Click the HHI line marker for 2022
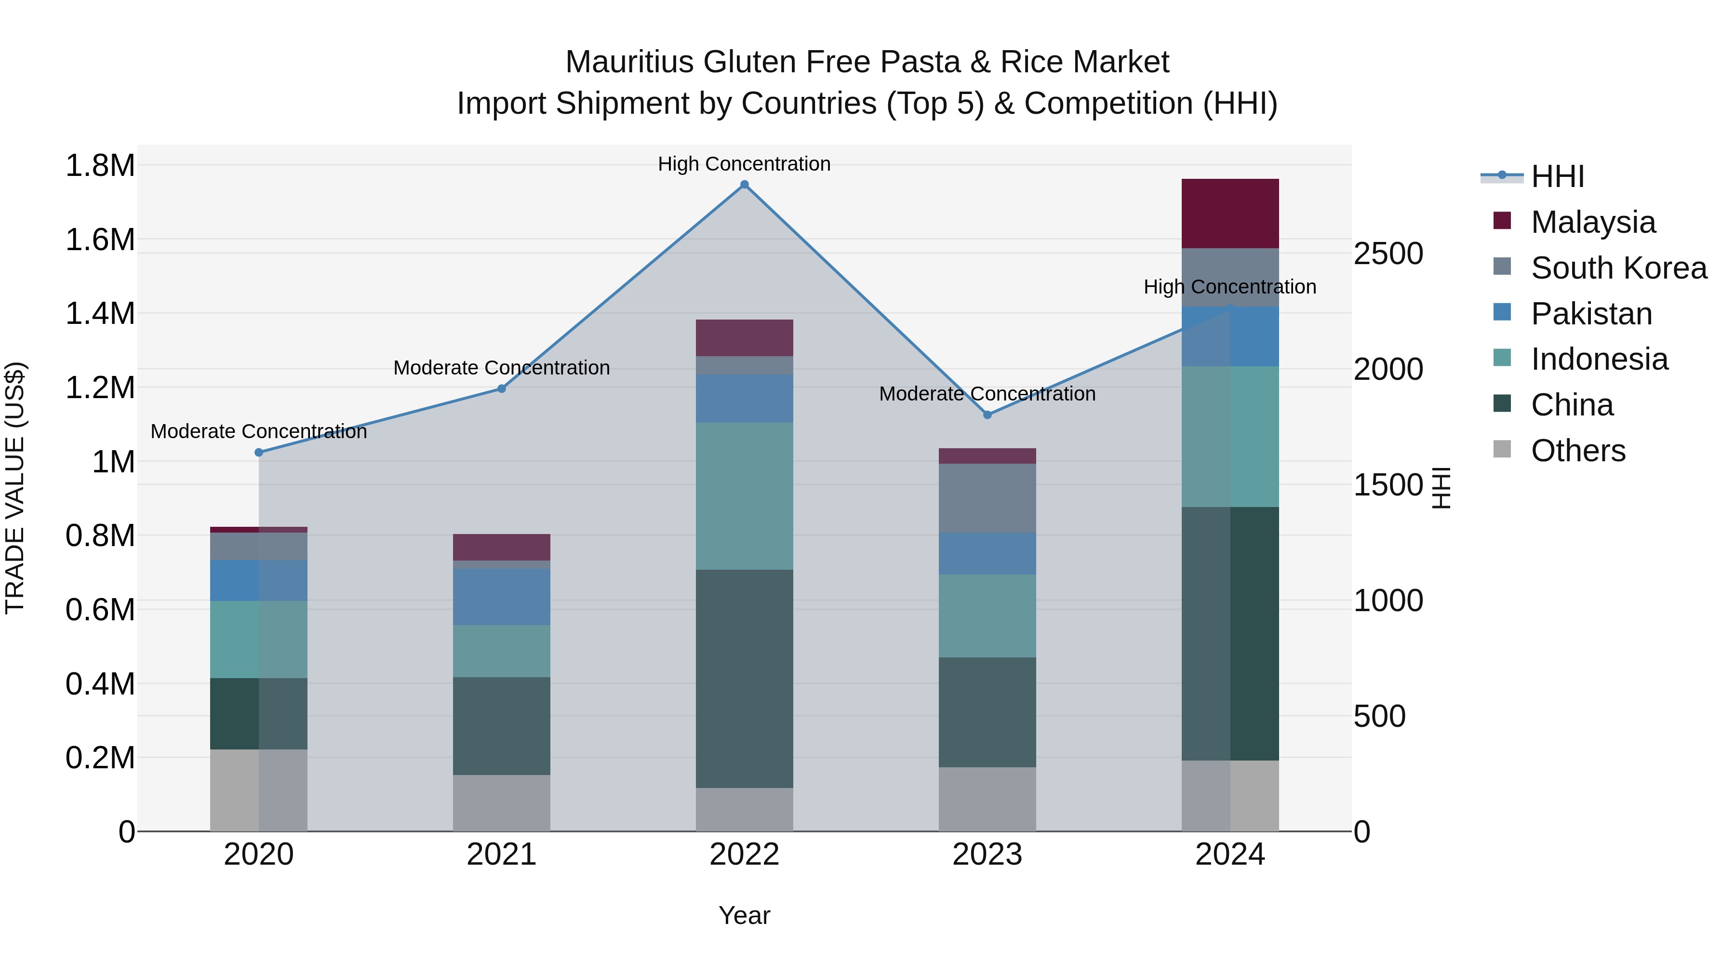[744, 185]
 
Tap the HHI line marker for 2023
[988, 415]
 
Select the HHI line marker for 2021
[501, 388]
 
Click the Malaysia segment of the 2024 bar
[1230, 214]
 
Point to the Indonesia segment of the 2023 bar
[988, 615]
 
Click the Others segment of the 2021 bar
[501, 803]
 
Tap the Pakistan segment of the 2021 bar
[501, 597]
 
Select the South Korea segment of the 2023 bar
[988, 498]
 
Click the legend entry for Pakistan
[1591, 314]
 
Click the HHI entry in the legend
[1557, 176]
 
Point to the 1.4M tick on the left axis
[100, 314]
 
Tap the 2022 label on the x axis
[744, 855]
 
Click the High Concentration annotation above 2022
[744, 164]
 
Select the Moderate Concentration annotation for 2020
[259, 431]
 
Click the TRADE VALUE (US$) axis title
[15, 488]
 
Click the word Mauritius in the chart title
[629, 62]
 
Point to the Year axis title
[744, 915]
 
